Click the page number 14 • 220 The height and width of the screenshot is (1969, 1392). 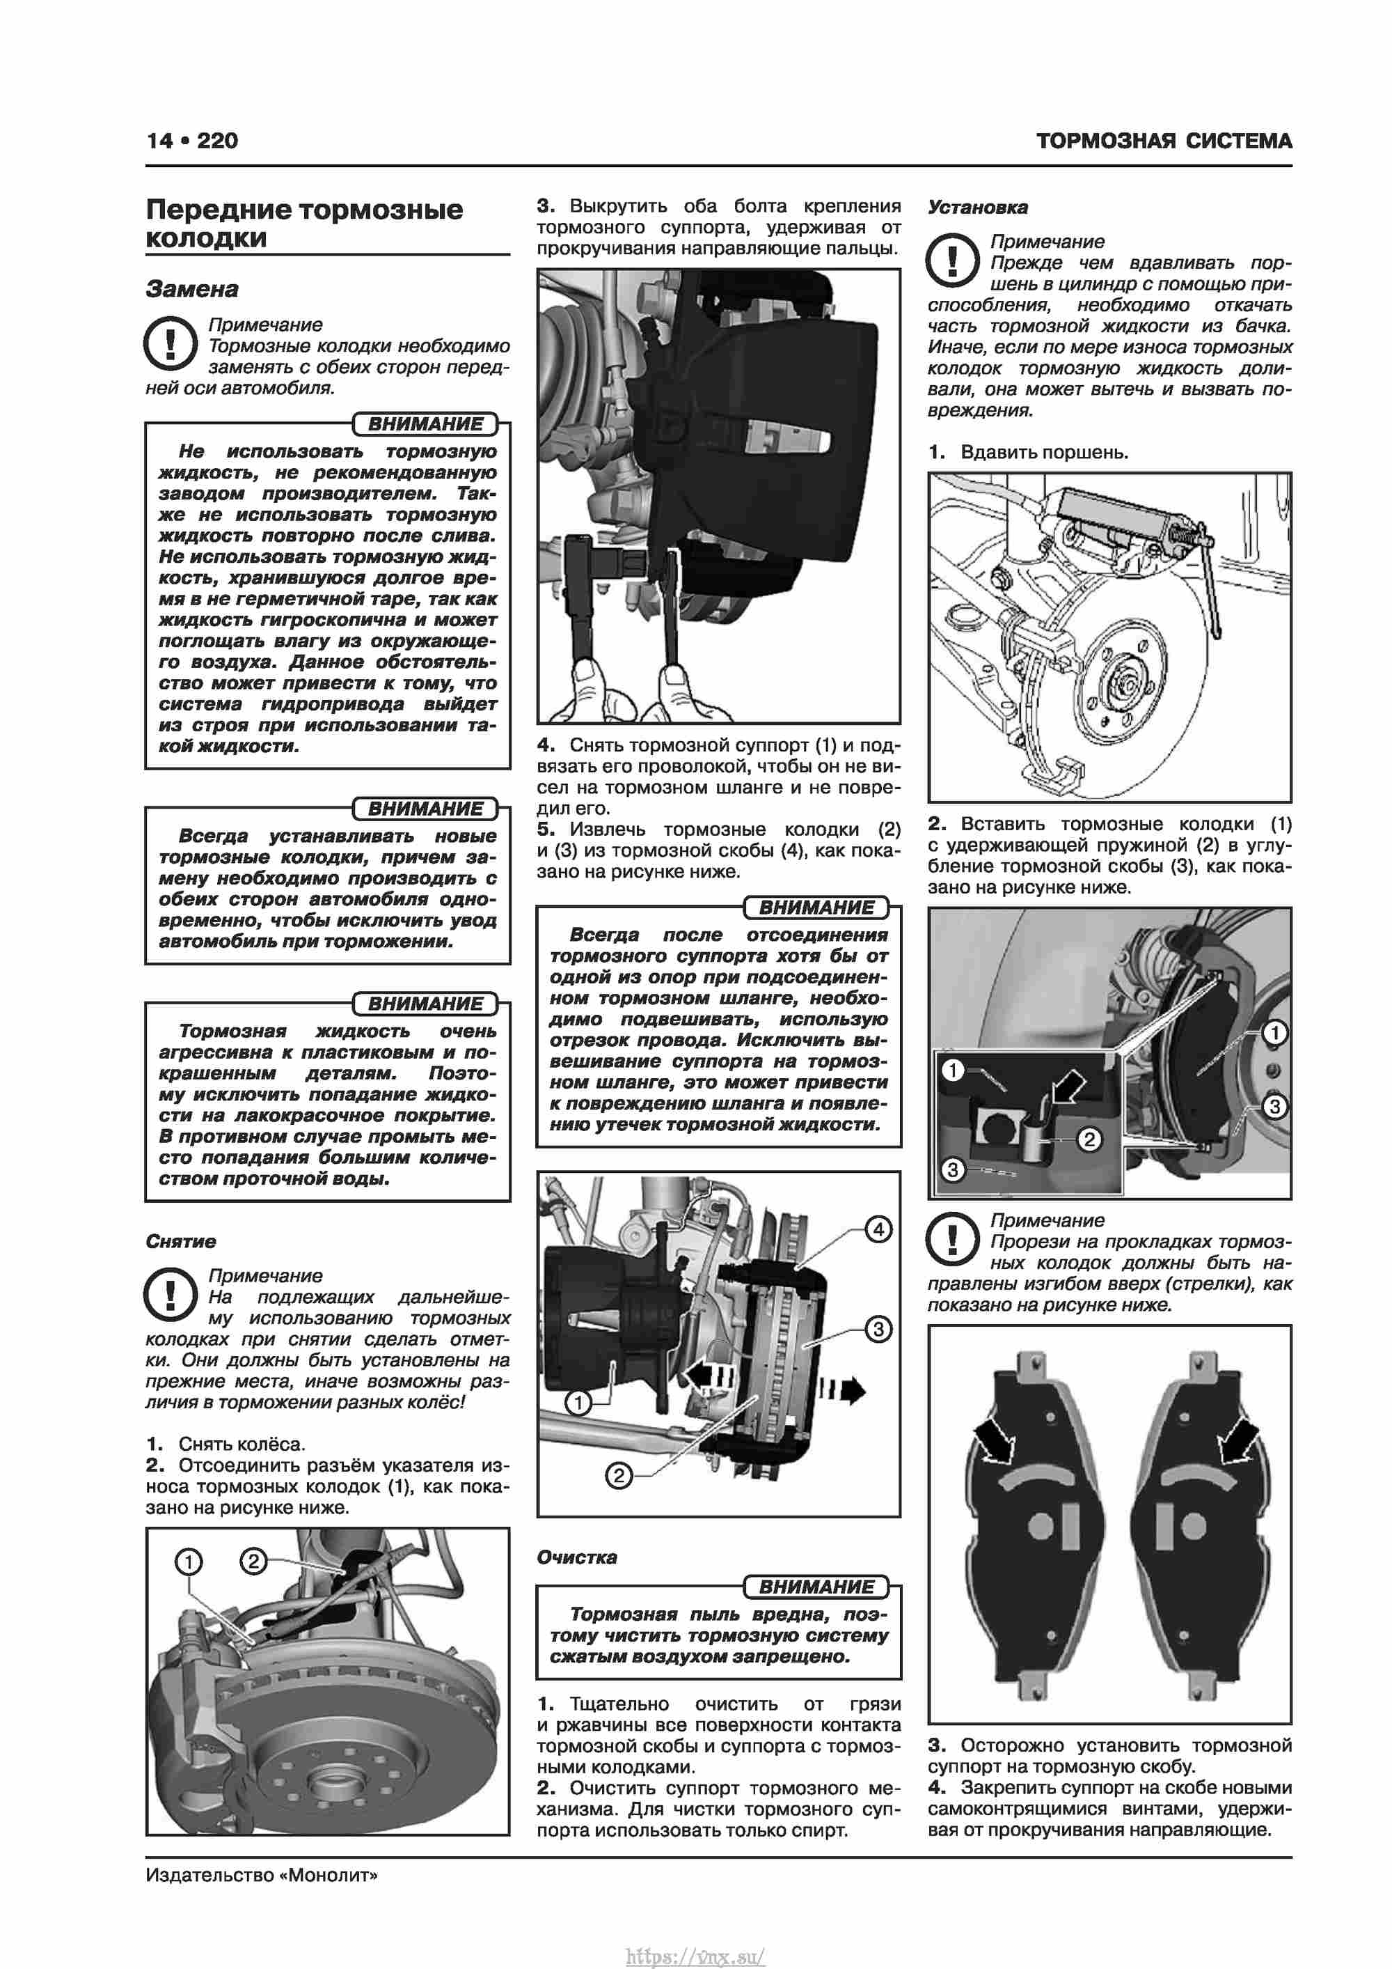tap(192, 141)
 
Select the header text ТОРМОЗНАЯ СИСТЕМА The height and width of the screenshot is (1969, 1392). tap(1163, 141)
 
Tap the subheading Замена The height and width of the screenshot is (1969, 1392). tap(192, 289)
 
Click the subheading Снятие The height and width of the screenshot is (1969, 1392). tap(181, 1241)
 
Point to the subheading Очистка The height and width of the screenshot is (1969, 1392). tap(576, 1557)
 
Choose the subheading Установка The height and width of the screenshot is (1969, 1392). tap(977, 207)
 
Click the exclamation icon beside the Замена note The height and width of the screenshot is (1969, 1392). tap(171, 344)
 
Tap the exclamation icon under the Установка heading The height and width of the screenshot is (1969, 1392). tap(952, 260)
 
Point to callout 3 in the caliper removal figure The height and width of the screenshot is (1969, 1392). tap(878, 1329)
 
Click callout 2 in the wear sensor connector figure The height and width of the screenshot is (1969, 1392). tap(253, 1561)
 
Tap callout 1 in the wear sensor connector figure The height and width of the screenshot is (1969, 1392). tap(189, 1562)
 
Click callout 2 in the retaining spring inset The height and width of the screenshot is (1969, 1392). tap(1089, 1139)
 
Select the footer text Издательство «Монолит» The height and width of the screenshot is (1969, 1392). tap(262, 1875)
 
